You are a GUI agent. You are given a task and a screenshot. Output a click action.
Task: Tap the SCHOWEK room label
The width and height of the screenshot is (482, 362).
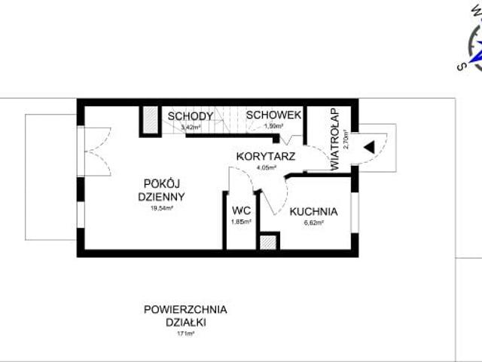tap(274, 115)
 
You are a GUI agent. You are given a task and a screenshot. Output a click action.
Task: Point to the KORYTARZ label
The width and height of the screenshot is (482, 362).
tap(264, 156)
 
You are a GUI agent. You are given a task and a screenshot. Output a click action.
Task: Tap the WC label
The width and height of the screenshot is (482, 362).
tap(241, 210)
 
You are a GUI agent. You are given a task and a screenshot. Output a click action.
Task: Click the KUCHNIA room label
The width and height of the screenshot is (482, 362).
tap(313, 211)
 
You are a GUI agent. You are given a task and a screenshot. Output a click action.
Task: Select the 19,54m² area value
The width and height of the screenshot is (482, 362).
tap(162, 207)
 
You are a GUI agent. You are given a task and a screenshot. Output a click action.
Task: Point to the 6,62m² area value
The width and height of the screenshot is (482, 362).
tap(313, 222)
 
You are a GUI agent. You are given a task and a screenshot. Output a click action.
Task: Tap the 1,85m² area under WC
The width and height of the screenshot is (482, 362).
tap(241, 222)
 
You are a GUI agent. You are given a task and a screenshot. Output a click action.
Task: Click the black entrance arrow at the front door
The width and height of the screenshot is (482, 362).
tap(369, 146)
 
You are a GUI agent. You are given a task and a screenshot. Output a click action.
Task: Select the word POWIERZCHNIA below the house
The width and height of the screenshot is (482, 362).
tap(185, 308)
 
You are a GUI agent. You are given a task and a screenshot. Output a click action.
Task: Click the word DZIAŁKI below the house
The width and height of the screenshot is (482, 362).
tap(185, 321)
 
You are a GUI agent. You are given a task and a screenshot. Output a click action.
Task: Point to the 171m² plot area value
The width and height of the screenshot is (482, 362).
tap(185, 333)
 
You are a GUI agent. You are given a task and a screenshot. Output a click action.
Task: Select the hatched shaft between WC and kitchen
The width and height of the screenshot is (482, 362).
tap(268, 241)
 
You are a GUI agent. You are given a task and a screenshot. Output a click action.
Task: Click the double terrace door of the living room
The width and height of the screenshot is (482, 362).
tap(93, 151)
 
